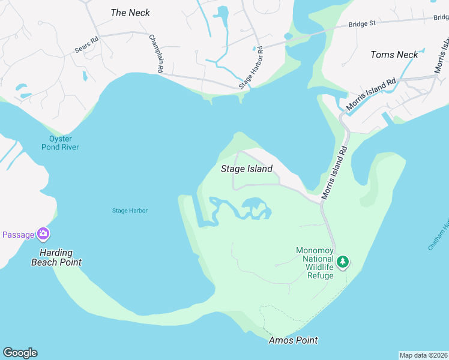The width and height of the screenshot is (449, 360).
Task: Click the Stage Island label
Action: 247,169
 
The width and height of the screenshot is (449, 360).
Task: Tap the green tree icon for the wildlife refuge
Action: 343,262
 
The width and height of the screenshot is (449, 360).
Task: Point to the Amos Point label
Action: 292,340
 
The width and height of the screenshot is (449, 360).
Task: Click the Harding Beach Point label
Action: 56,257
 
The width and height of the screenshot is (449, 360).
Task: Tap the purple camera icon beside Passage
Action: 43,233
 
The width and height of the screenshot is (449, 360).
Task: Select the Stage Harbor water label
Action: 130,211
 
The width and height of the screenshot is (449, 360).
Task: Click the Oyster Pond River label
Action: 60,143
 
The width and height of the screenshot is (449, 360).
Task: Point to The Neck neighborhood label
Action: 130,13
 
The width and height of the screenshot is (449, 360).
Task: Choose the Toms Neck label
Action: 394,55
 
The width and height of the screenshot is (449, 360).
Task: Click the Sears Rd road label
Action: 86,46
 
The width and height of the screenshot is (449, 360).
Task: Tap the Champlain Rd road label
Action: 156,53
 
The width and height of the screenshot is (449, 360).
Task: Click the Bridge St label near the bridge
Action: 362,23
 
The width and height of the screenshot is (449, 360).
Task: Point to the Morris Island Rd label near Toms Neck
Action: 371,94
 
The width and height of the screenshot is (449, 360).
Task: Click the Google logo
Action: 20,353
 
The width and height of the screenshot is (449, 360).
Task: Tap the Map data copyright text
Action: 423,355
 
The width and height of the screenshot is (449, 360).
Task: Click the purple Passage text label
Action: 17,235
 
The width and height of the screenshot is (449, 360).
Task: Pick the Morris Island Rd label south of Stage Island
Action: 335,173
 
